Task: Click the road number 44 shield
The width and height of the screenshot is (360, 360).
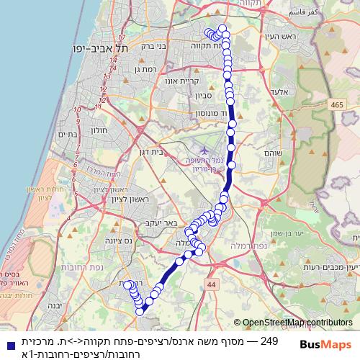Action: (x=211, y=285)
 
